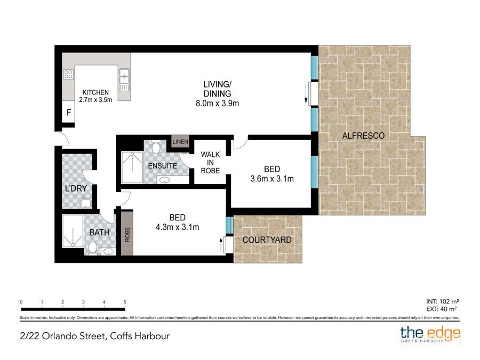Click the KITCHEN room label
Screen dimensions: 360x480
pos(95,92)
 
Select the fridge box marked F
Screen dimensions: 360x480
pos(68,113)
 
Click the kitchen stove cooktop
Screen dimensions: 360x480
pos(68,75)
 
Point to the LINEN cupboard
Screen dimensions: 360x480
pos(178,141)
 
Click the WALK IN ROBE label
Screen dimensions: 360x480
pos(210,163)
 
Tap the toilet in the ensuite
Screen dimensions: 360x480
pos(156,147)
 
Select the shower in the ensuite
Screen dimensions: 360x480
pos(132,167)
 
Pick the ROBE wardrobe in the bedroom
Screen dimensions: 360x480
pos(127,233)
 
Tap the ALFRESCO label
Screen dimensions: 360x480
pos(363,136)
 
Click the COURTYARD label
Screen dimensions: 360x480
pos(267,240)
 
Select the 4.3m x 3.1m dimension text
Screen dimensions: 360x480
pos(177,228)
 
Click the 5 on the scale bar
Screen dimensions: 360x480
pos(124,302)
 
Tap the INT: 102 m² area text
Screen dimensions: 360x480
pos(442,301)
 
